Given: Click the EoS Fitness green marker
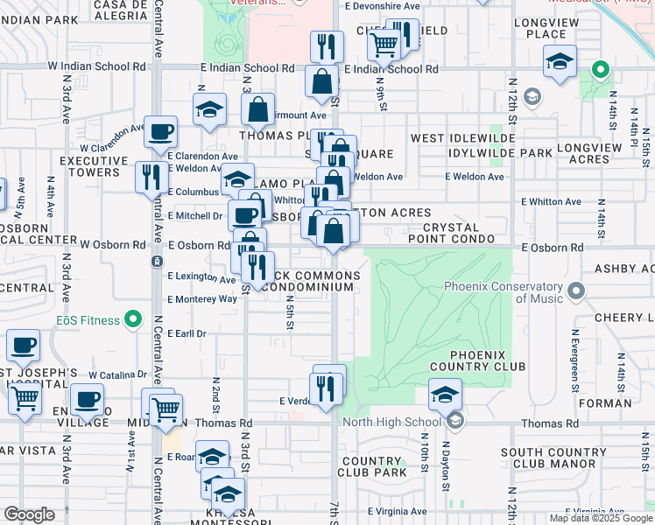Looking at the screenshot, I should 133,320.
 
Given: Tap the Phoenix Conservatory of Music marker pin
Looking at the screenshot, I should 575,290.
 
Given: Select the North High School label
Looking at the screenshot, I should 405,423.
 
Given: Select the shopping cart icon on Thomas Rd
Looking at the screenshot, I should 166,409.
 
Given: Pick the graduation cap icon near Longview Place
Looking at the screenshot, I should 559,62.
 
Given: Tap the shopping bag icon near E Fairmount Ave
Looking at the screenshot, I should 258,110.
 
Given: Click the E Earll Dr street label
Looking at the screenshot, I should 187,333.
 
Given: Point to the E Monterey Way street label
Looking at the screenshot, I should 202,298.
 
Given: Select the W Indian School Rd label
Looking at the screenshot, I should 97,66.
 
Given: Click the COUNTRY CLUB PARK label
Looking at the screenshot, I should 374,466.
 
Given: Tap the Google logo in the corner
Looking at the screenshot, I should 29,514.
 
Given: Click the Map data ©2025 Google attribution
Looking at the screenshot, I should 601,518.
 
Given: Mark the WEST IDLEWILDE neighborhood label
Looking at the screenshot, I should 463,138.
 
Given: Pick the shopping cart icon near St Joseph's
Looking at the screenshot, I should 25,399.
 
